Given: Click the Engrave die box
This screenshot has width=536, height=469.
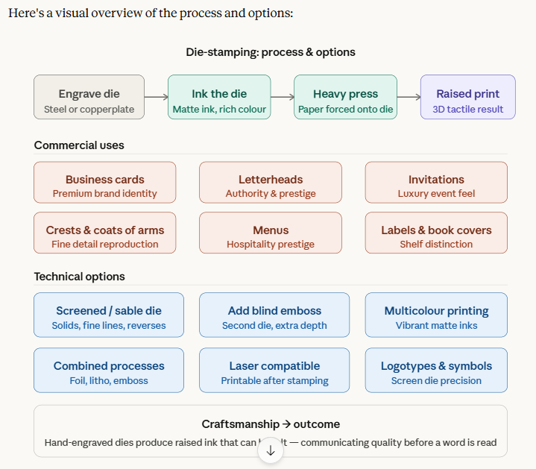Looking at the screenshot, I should (89, 97).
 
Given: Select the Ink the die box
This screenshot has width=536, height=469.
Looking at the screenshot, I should (219, 97).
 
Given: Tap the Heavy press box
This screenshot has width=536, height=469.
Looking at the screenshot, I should (345, 97).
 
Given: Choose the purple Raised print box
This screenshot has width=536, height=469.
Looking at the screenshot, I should (467, 97).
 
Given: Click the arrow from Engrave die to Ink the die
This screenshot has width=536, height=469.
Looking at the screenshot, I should (156, 97).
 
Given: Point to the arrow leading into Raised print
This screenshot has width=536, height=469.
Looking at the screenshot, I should (409, 97).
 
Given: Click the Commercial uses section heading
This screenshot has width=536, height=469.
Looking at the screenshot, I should (79, 145).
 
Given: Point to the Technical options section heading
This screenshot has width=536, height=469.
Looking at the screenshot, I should (79, 277).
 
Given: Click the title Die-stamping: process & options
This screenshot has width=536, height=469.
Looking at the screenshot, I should (271, 52).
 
